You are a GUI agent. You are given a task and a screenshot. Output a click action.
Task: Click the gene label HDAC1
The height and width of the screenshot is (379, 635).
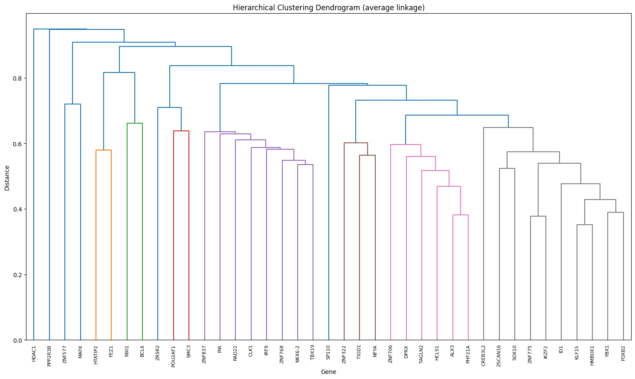point(34,353)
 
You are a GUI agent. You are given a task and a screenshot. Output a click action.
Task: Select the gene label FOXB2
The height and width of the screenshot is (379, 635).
point(623,353)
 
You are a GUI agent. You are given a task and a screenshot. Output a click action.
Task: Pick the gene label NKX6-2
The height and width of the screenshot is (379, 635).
point(297,355)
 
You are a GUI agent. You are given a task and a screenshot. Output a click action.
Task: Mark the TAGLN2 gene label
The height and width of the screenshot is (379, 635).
point(421,355)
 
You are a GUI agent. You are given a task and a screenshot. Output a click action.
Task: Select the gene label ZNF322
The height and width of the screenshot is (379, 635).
point(344,354)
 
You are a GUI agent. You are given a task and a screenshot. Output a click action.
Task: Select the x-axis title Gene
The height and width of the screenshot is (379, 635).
point(328,372)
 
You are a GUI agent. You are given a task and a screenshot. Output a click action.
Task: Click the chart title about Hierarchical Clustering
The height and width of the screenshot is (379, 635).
point(328,8)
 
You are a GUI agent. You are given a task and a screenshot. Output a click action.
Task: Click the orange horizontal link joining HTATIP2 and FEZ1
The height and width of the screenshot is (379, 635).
point(104,150)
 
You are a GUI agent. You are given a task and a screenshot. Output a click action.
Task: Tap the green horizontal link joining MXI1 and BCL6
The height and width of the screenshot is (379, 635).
point(135,123)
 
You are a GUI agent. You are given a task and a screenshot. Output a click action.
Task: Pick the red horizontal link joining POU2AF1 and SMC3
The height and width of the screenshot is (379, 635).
point(181,131)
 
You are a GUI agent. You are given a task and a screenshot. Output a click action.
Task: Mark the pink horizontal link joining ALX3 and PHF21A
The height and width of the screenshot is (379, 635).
point(461,215)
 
